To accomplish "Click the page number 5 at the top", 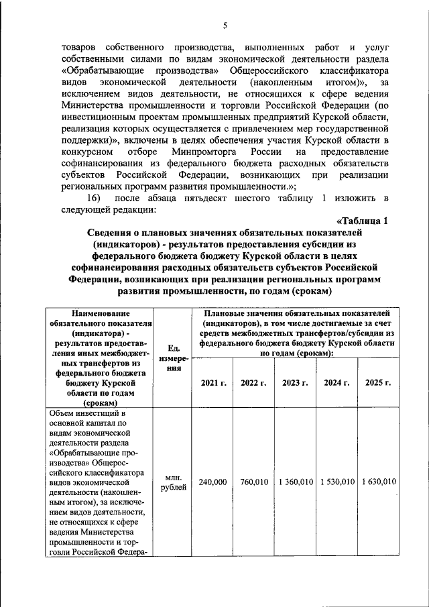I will point(226,25).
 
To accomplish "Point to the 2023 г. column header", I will point(295,383).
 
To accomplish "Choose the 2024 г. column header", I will point(336,383).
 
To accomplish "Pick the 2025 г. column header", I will point(378,383).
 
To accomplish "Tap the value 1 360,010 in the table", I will point(295,482).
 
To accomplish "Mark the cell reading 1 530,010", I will point(336,482).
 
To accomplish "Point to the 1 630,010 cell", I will point(378,482).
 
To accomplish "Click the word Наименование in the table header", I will point(99,313).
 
